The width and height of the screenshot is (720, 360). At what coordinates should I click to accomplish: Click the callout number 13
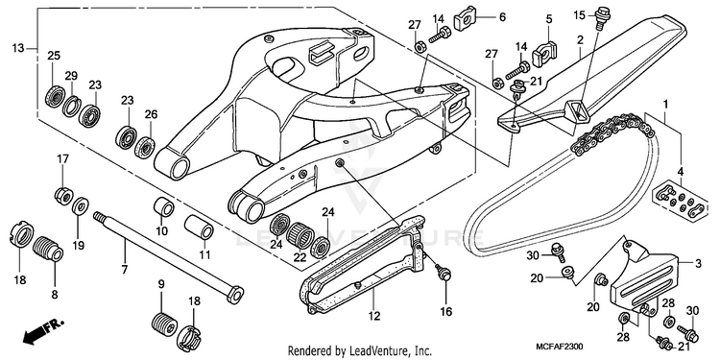[18, 48]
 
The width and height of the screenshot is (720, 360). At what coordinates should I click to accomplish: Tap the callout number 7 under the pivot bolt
[125, 269]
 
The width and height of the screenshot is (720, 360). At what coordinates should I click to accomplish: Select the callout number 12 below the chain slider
[373, 316]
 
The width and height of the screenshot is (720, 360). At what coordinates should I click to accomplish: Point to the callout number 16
[446, 312]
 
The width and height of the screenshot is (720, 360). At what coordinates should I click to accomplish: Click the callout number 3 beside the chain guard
[698, 264]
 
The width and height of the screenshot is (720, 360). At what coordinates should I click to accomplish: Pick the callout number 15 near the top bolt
[580, 15]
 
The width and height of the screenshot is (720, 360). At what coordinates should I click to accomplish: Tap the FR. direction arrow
[42, 331]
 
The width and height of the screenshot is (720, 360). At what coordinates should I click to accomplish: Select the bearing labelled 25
[55, 96]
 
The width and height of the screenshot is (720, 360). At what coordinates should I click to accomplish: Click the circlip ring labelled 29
[72, 107]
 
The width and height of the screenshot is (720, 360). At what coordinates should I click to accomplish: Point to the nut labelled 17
[63, 197]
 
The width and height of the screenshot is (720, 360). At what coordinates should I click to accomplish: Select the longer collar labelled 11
[199, 227]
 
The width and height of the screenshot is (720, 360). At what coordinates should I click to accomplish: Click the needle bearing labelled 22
[300, 234]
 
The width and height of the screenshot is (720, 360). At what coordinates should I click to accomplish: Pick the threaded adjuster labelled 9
[164, 323]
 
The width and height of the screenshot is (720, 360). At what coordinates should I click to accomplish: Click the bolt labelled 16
[444, 275]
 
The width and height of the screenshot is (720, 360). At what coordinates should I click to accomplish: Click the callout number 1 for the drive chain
[664, 105]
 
